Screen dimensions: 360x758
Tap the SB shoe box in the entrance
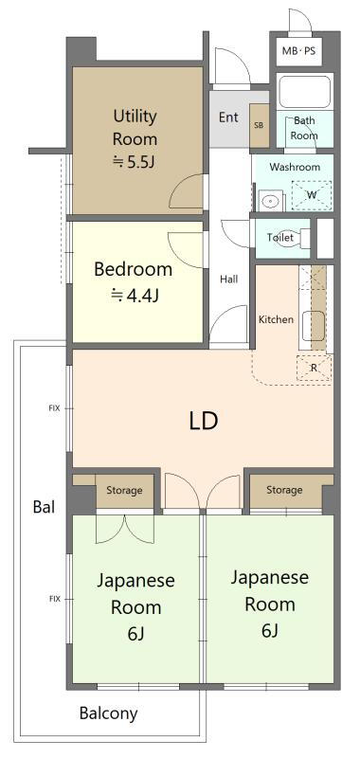click(x=260, y=125)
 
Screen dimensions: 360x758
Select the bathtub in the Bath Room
click(x=304, y=92)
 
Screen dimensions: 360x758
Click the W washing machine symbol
click(x=313, y=195)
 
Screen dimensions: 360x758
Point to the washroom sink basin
click(x=269, y=201)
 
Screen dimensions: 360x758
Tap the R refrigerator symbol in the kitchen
click(x=314, y=368)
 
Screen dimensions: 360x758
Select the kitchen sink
click(x=314, y=326)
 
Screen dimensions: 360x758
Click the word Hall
click(x=229, y=279)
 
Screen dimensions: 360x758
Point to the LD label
click(x=203, y=421)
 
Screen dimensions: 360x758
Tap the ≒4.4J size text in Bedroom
click(x=135, y=295)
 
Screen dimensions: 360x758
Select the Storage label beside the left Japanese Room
click(x=124, y=490)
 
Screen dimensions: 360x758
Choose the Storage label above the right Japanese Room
click(x=284, y=490)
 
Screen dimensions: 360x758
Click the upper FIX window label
click(x=55, y=408)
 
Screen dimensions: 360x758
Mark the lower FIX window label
click(x=55, y=599)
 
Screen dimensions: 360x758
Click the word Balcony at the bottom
click(x=108, y=713)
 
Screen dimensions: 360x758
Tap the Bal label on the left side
click(x=44, y=507)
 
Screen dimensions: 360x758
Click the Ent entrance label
click(x=228, y=117)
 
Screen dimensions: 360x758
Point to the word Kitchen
click(x=276, y=319)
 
